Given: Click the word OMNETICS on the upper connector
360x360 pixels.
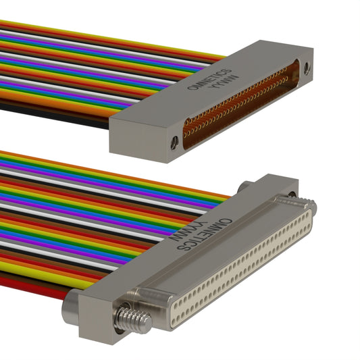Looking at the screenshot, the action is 209,79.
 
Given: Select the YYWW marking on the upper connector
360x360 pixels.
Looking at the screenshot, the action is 224,82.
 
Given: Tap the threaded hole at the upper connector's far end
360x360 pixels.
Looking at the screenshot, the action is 307,68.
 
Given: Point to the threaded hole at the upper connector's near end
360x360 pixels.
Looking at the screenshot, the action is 174,143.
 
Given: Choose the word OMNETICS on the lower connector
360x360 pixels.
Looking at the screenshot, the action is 205,234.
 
